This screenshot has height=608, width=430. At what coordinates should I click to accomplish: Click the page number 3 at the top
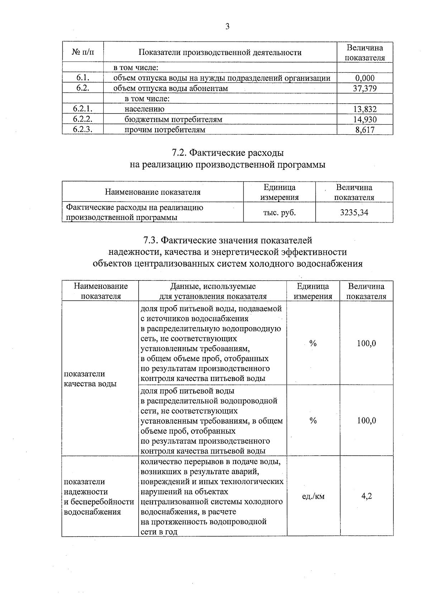point(227,27)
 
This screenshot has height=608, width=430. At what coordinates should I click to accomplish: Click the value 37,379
point(364,88)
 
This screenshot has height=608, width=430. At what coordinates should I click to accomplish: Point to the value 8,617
point(365,130)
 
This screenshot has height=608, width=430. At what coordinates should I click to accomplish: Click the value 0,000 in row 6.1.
point(365,78)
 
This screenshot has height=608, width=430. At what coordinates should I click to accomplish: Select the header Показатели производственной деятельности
point(220,53)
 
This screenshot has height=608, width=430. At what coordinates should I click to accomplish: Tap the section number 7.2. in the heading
point(178,153)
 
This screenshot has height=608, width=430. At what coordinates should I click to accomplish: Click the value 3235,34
point(354,212)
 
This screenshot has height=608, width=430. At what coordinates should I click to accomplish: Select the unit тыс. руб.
point(279,212)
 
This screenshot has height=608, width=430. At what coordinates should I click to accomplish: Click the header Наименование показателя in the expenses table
point(152,192)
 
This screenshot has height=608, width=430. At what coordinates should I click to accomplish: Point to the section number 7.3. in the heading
point(150,240)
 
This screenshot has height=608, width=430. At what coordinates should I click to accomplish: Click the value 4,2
point(366,496)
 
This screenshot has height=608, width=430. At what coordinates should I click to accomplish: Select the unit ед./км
point(313,496)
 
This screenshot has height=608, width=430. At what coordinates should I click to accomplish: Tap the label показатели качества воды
point(90,379)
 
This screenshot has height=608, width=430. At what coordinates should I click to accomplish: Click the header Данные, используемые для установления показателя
point(212,291)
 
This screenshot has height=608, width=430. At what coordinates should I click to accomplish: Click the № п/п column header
point(83,53)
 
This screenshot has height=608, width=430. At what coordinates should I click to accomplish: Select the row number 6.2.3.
point(83,130)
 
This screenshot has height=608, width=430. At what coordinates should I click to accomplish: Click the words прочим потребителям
point(165,130)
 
